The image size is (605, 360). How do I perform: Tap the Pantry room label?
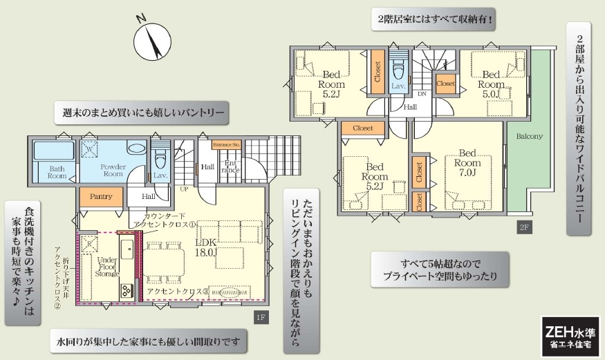101,196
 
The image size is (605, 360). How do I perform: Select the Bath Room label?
57,172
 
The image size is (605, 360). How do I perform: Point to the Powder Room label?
113,171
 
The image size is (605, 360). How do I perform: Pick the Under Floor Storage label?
107,267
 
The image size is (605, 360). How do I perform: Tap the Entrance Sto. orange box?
227,145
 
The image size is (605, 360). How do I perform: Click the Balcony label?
530,136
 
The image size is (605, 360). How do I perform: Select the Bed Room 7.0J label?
467,162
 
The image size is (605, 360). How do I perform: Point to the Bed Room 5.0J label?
491,84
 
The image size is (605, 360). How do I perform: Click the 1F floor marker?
261,318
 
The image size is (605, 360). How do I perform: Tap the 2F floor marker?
524,227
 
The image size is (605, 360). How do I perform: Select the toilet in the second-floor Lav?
398,70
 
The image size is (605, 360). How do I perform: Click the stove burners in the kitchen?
126,290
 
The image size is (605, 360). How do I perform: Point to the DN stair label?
422,94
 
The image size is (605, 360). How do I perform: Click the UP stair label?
184,189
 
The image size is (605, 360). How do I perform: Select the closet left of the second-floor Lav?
378,72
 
